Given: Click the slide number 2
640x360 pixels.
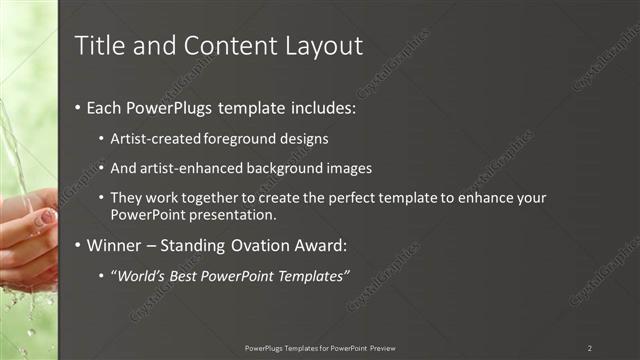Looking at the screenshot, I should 590,347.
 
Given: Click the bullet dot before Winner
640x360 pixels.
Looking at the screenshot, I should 79,244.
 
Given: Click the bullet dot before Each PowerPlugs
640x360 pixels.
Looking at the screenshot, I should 79,105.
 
